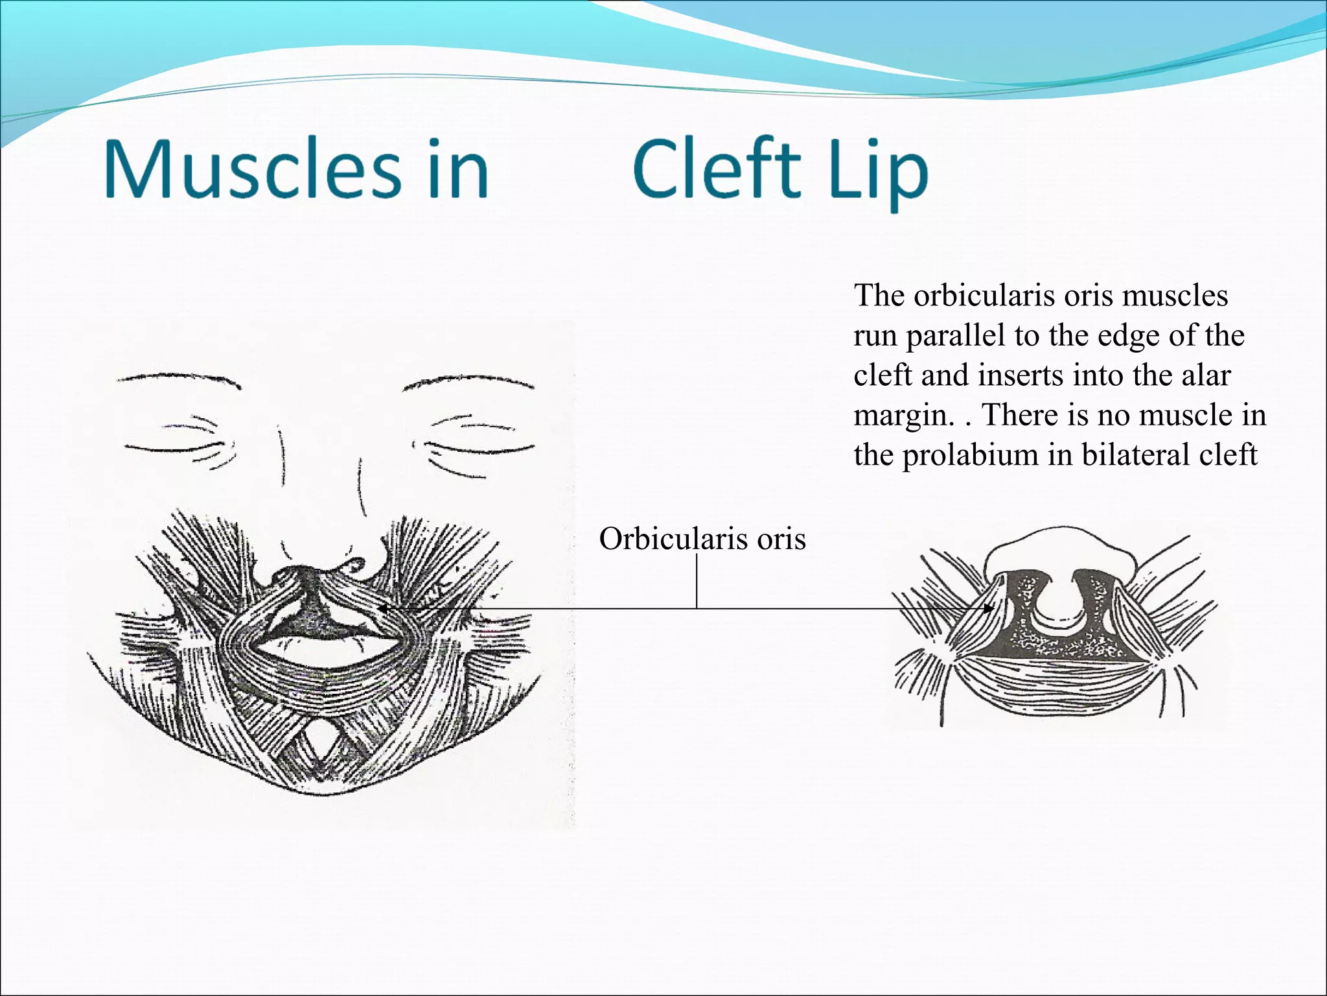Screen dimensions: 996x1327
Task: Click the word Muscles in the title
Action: (253, 170)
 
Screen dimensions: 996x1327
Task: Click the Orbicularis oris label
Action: (702, 539)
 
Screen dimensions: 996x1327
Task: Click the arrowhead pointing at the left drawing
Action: (382, 609)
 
